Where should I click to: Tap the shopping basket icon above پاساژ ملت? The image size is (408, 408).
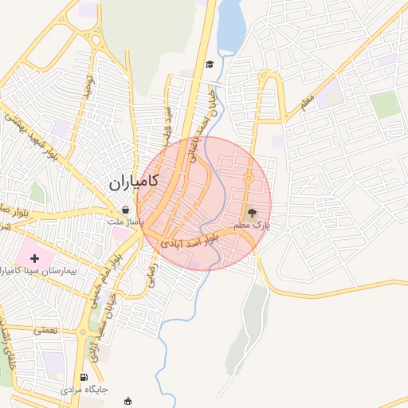coord(127,210)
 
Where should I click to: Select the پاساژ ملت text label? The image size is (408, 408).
coord(127,222)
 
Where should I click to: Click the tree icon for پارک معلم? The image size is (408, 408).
coord(252,213)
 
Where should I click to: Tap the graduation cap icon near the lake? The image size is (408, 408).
coord(210,64)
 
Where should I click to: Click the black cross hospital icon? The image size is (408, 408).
coord(34,258)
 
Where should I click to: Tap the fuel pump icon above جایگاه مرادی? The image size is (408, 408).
coord(83,378)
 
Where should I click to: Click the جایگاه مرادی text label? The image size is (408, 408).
coord(84,390)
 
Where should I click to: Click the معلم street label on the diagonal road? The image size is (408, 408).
coord(307,100)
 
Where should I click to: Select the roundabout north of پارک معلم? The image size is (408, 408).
coord(248,178)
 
